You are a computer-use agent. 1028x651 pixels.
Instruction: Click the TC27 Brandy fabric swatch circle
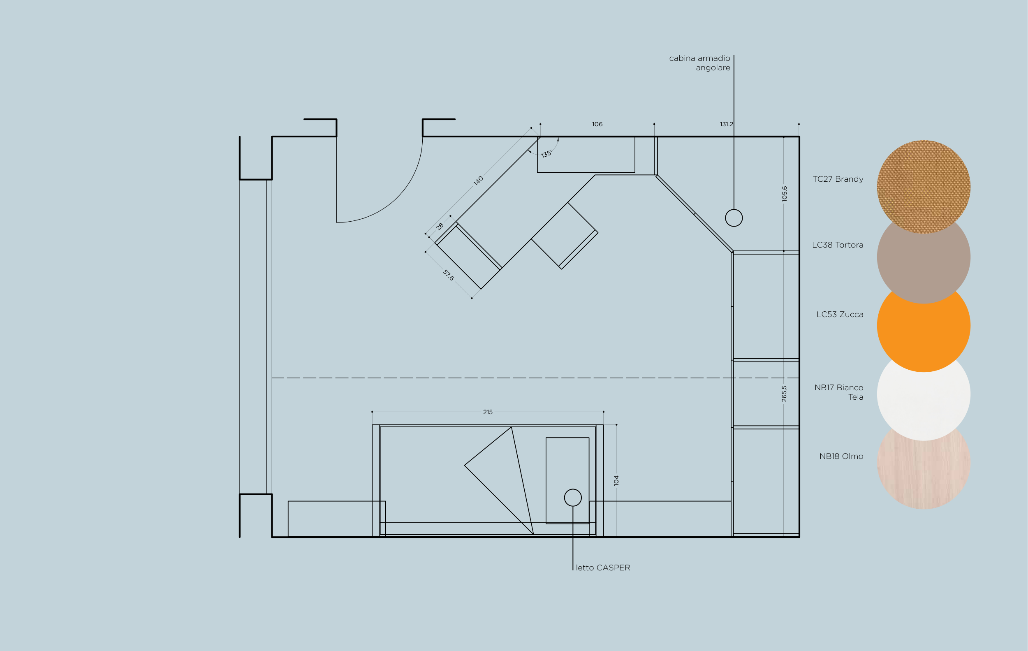pos(924,187)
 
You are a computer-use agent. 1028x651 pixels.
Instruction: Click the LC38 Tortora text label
pos(838,245)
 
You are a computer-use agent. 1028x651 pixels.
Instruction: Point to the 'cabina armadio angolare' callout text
pos(700,63)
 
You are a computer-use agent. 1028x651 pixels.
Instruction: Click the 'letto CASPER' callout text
pos(603,568)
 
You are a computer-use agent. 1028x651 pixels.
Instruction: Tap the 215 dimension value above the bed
pos(488,412)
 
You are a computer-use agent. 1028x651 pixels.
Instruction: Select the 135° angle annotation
pos(547,154)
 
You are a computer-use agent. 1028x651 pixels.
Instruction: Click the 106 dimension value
pos(597,124)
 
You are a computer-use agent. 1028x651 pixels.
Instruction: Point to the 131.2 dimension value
pos(726,124)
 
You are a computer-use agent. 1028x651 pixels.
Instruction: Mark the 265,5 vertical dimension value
pos(784,394)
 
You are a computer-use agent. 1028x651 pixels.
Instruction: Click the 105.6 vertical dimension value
pos(784,194)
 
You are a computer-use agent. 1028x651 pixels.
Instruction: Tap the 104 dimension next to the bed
pos(616,480)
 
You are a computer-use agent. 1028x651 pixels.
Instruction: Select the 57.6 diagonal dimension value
pos(448,276)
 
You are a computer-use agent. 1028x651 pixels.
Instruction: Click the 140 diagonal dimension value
pos(478,181)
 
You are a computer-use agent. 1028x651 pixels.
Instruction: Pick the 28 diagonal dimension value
pos(440,226)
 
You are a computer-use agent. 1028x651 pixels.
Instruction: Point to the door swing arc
pos(398,197)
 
